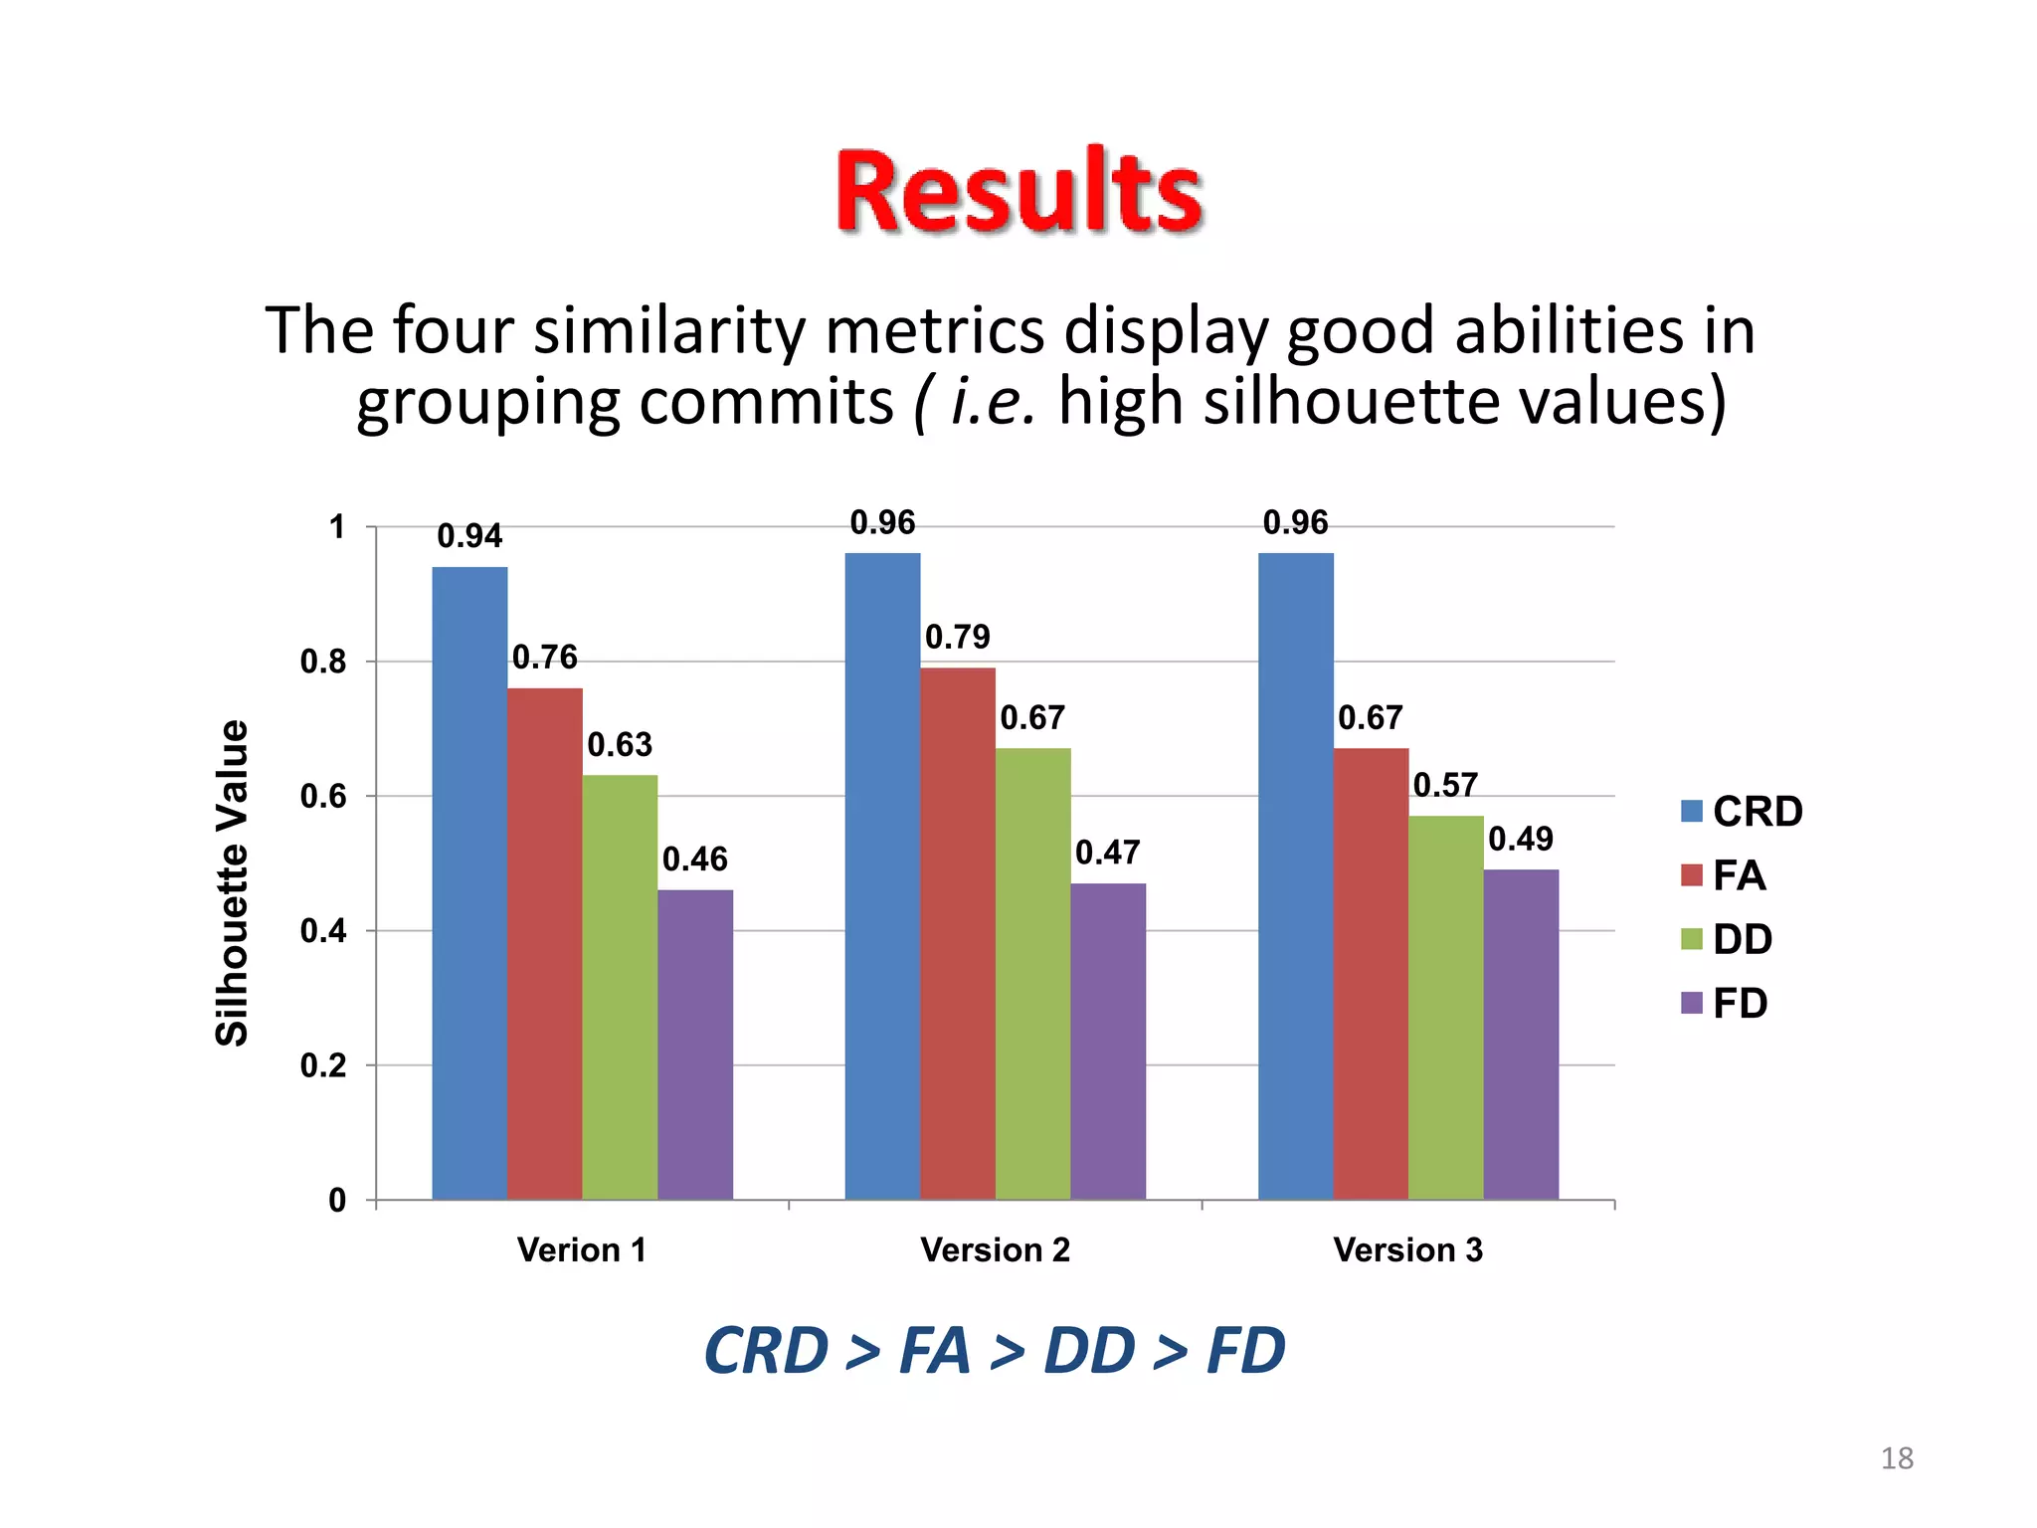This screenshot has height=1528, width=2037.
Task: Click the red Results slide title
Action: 1018,192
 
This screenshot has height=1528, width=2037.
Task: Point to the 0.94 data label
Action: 469,536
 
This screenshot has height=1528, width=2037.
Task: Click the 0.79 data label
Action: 957,637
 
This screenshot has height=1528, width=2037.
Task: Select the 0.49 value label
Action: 1520,839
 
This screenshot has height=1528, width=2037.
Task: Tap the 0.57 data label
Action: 1445,785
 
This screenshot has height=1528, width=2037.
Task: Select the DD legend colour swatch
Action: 1691,939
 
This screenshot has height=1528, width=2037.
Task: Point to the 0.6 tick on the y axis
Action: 323,796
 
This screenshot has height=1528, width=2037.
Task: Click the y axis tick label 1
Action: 337,527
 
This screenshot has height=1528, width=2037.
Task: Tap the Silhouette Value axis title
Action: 232,882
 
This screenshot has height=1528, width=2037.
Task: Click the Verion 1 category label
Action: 582,1249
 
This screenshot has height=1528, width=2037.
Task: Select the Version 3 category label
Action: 1407,1249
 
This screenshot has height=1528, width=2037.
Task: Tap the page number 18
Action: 1896,1458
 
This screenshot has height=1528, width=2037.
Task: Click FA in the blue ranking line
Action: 934,1351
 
